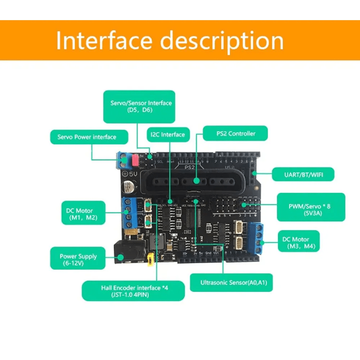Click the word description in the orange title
click(222, 41)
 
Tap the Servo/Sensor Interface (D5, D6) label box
click(139, 106)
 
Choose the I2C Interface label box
click(168, 135)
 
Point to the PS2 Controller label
click(235, 133)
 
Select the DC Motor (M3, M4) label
click(298, 243)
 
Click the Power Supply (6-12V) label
click(78, 259)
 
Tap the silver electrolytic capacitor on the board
click(128, 187)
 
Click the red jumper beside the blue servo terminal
click(135, 160)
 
